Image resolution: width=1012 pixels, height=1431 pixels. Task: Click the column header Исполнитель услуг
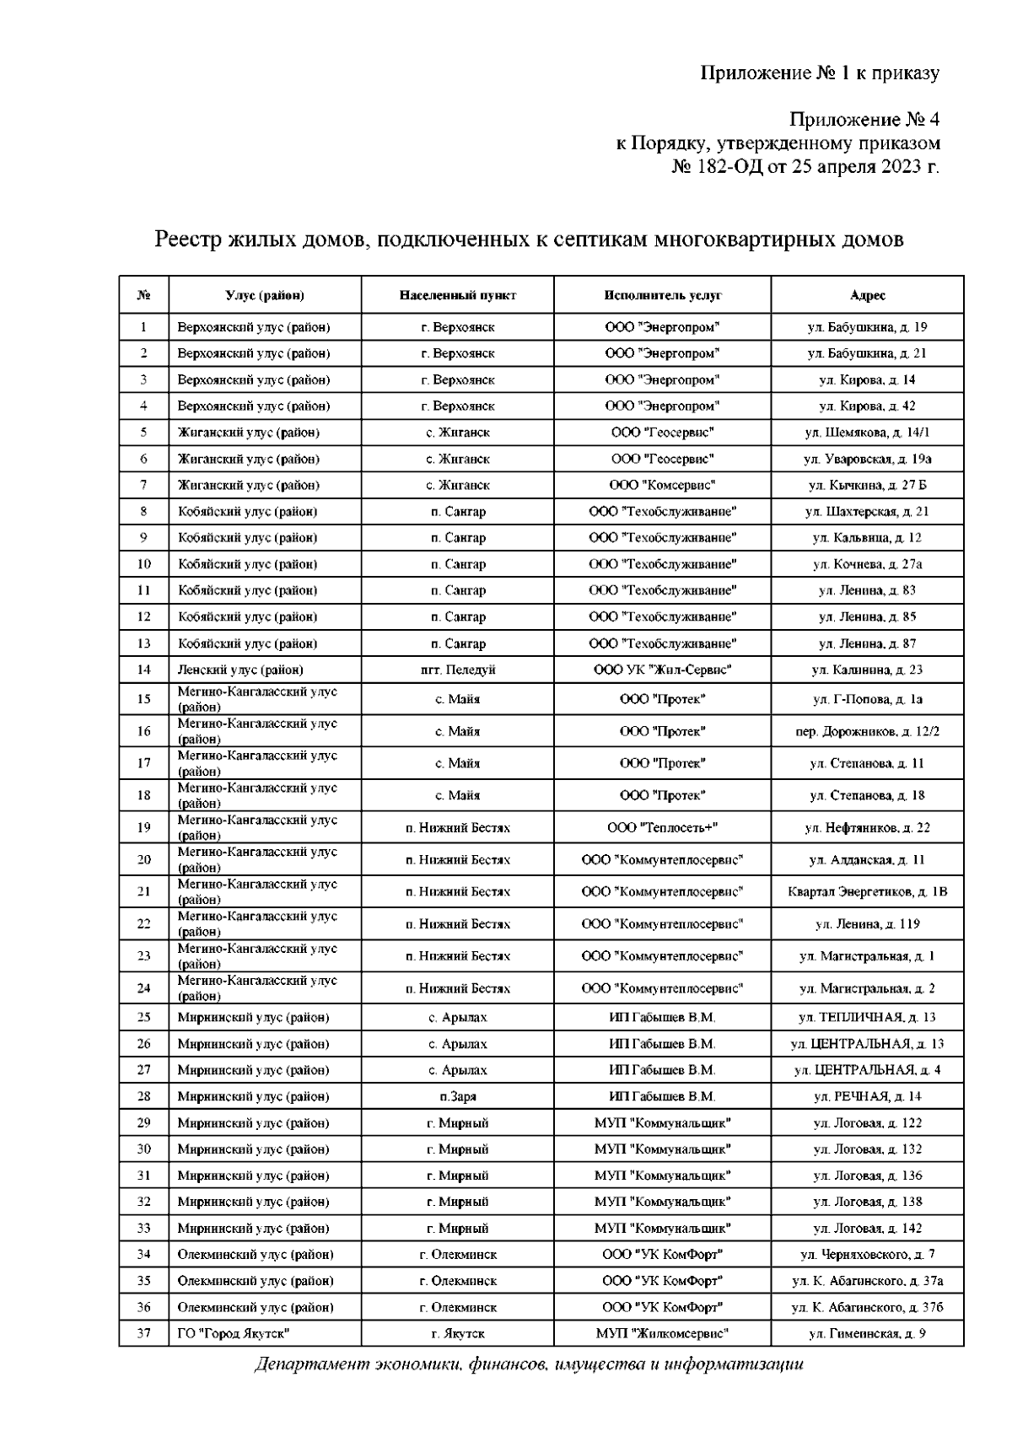tap(662, 295)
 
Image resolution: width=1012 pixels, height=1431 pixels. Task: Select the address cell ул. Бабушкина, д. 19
tap(867, 327)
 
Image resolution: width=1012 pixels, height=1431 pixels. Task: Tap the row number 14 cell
tap(143, 670)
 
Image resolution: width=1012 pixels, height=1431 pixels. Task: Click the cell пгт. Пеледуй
tap(457, 670)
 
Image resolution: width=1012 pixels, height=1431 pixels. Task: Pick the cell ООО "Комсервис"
tap(662, 485)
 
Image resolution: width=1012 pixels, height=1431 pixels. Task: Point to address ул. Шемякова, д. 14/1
tap(867, 433)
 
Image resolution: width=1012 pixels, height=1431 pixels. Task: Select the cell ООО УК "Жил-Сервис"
tap(662, 670)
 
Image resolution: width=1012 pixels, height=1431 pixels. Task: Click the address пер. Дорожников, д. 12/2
tap(867, 731)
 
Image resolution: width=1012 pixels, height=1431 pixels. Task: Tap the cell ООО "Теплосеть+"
tap(662, 827)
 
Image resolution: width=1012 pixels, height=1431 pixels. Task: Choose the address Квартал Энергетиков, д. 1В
tap(867, 891)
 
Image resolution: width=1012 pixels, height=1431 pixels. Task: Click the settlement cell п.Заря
tap(457, 1096)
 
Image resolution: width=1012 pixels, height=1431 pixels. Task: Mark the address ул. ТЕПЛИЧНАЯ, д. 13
tap(867, 1017)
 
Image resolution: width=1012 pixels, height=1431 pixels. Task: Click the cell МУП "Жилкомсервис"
tap(662, 1333)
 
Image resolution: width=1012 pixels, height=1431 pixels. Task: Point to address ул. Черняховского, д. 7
tap(867, 1254)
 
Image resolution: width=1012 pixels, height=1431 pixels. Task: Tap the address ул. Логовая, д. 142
tap(867, 1228)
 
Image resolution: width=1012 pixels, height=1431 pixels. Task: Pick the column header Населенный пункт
tap(457, 295)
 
